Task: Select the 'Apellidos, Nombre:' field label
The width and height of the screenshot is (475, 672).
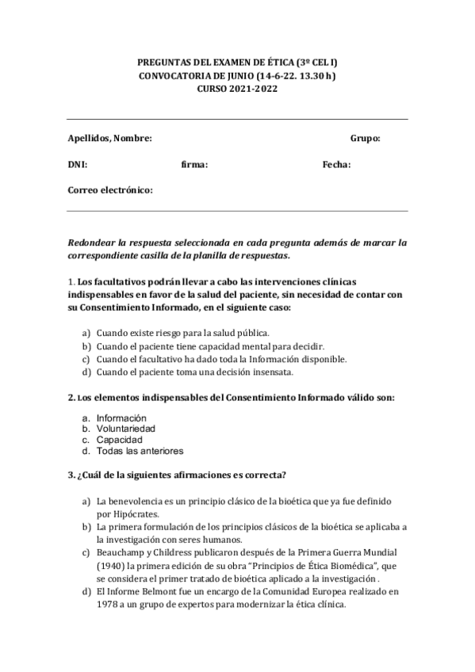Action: (109, 138)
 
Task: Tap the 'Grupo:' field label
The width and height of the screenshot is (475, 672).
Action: (365, 138)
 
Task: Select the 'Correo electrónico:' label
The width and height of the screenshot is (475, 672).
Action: (109, 190)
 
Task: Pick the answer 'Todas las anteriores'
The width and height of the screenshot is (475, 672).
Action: (140, 451)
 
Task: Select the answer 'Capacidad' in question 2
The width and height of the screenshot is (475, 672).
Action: (119, 440)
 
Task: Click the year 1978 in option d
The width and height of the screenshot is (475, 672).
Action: (110, 605)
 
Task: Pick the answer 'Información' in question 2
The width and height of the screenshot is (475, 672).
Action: (121, 418)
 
